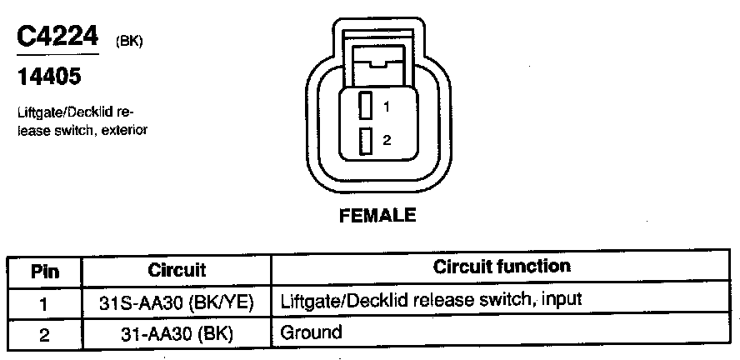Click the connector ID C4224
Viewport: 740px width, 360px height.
pyautogui.click(x=57, y=36)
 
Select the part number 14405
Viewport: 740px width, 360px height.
pyautogui.click(x=49, y=78)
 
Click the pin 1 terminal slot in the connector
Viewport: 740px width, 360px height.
pyautogui.click(x=365, y=106)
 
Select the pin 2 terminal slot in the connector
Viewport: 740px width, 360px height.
pyautogui.click(x=365, y=141)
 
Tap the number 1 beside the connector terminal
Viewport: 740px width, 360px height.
pyautogui.click(x=387, y=107)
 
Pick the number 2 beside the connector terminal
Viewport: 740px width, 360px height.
pyautogui.click(x=387, y=141)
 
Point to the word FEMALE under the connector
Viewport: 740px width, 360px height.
pyautogui.click(x=377, y=216)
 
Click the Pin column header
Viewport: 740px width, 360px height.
pyautogui.click(x=43, y=270)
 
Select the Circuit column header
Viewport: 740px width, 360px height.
pyautogui.click(x=177, y=270)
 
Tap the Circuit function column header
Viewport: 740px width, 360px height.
pyautogui.click(x=502, y=267)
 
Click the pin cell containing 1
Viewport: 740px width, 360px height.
pyautogui.click(x=43, y=302)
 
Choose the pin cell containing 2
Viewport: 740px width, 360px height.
pyautogui.click(x=43, y=335)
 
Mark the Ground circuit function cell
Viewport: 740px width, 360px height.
pyautogui.click(x=312, y=333)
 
